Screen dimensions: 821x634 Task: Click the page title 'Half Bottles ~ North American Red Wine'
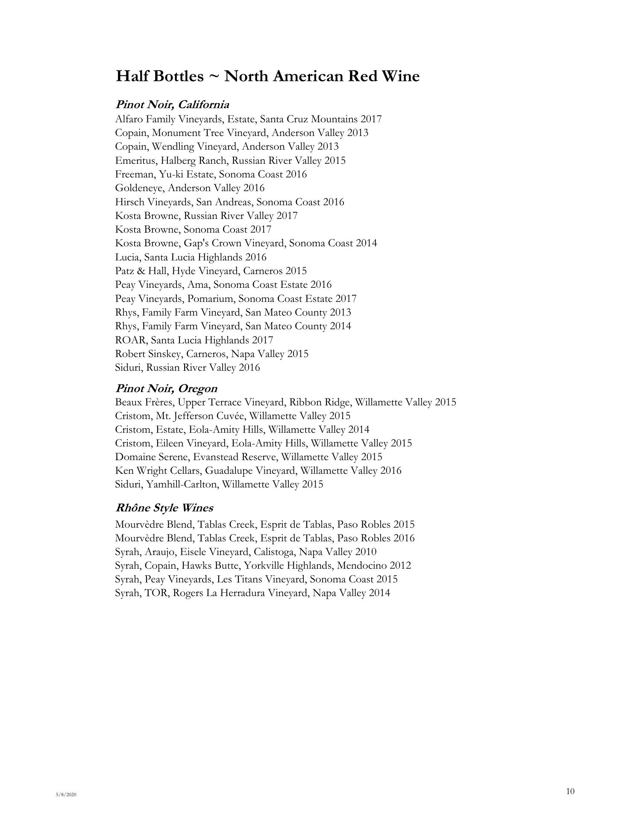coord(267,77)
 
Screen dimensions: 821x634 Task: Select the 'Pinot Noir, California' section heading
coord(172,105)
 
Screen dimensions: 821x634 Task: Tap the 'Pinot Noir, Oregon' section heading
coord(166,389)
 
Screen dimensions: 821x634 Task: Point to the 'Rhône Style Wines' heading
coord(164,508)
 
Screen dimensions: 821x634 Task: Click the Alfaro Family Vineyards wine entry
coord(248,119)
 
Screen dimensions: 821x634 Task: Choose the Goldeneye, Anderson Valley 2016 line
coord(190,188)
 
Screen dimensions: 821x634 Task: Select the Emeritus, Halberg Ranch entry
coord(230,161)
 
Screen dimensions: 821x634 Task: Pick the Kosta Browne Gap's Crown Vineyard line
coord(246,243)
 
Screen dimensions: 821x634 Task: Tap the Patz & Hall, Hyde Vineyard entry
coord(211,271)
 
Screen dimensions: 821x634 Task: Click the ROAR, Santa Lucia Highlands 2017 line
coord(194,340)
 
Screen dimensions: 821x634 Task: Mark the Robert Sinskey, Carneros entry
coord(211,354)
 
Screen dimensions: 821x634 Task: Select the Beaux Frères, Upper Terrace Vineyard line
coord(285,402)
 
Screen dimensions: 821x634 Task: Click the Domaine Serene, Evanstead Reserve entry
coord(249,457)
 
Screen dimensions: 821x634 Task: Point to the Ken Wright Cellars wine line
coord(258,471)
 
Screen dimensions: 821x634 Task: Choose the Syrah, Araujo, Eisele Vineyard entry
coord(246,552)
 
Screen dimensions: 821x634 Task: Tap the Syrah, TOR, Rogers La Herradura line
coord(252,593)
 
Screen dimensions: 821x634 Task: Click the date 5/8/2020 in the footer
coord(66,794)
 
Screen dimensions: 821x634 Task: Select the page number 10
coord(570,791)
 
